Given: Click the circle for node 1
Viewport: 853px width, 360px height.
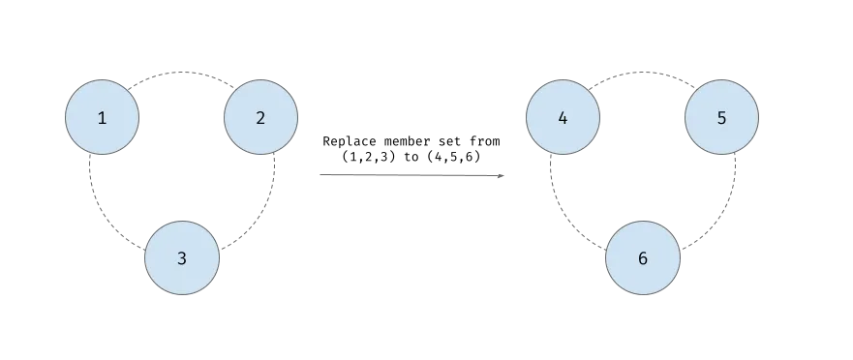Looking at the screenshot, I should tap(102, 118).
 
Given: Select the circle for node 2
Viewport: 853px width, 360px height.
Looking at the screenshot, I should tap(260, 118).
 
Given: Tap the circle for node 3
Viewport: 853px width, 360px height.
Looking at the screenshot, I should tap(181, 258).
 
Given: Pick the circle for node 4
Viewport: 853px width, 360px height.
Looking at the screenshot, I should tap(563, 118).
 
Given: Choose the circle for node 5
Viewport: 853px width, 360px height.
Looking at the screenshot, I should tap(721, 118).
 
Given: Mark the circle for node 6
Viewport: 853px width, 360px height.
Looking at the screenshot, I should tap(642, 258).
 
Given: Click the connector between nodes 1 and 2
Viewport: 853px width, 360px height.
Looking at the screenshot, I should tap(181, 73).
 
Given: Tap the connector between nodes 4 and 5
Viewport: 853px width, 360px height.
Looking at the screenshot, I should tap(642, 73).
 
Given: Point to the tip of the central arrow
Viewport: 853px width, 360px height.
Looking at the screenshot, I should tap(508, 175).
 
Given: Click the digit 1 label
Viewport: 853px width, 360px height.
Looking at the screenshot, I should tap(102, 118).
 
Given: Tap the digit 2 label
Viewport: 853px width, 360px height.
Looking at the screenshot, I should tap(260, 118).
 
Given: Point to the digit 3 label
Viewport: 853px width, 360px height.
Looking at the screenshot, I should tap(181, 258).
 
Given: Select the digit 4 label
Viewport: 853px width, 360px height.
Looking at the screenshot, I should tap(563, 118).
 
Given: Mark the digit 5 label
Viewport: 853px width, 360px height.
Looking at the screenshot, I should tap(721, 118).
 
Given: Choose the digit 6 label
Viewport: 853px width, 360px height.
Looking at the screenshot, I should tap(642, 258).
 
